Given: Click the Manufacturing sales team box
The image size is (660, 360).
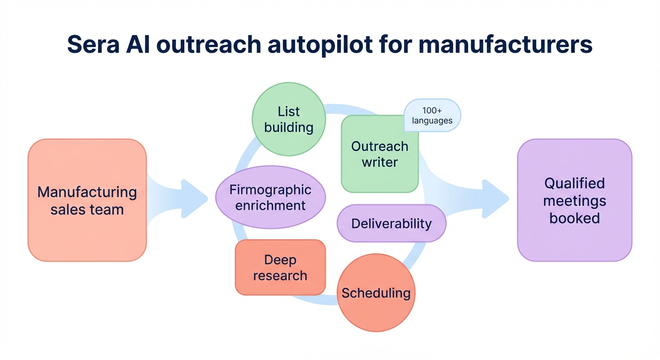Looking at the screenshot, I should coord(87,200).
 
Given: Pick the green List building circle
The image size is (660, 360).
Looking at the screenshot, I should coord(289,119).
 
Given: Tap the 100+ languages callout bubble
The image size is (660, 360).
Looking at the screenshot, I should coord(432,115).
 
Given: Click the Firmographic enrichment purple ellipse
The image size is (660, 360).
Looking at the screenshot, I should coord(270,197).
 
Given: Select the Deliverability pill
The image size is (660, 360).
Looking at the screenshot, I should coord(391,223).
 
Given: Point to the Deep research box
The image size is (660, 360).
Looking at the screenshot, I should coord(280,268).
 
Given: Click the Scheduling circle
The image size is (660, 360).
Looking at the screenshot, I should coord(376,293).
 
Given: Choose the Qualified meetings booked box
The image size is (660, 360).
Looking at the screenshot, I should coord(574,200).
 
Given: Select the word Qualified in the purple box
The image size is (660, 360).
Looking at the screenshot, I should coord(574,183).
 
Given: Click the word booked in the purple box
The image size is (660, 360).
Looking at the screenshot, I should coord(574,218).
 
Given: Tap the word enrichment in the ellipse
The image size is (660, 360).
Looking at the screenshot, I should coord(270,205).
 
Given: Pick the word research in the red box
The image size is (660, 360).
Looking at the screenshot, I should coord(280,276).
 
